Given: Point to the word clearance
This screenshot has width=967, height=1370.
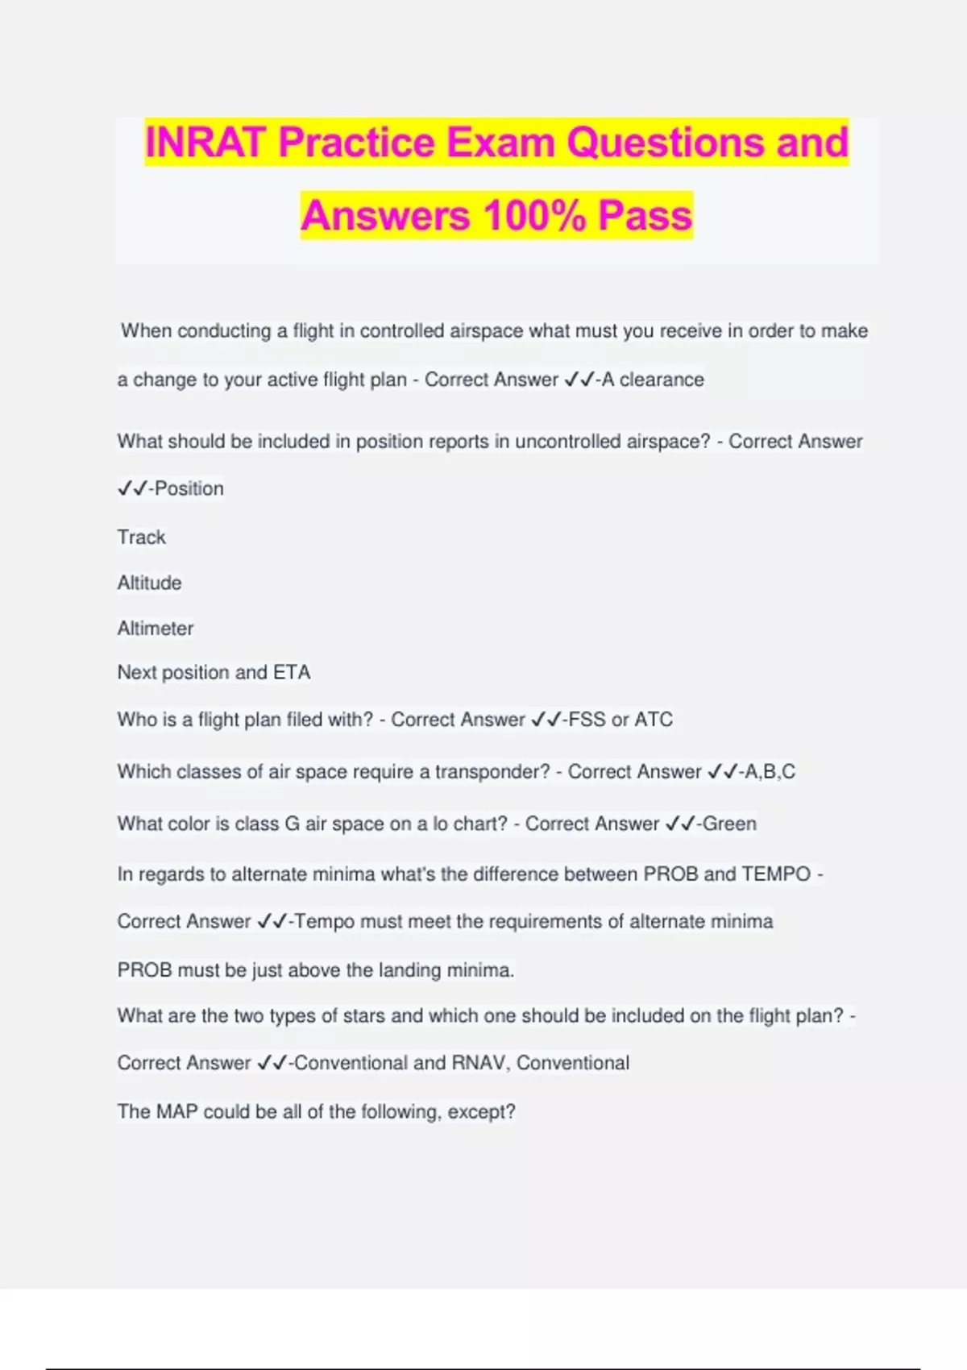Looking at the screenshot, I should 662,380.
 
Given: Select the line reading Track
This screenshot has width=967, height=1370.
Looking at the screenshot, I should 142,538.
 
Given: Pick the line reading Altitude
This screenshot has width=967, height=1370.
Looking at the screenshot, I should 150,583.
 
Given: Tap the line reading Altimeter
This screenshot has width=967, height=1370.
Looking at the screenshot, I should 156,629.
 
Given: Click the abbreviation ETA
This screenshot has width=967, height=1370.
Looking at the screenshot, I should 292,672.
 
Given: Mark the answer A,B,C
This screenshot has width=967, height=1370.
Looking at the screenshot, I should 770,772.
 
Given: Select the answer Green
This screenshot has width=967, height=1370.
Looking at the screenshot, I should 729,824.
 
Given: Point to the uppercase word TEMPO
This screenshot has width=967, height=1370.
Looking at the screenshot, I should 776,874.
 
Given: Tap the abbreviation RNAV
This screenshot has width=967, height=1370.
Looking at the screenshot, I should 479,1063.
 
